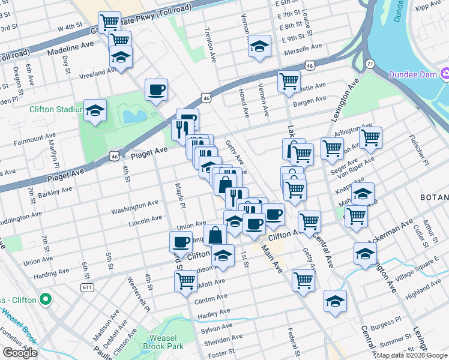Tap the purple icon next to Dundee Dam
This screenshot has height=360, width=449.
(445, 74)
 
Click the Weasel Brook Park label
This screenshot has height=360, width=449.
(163, 341)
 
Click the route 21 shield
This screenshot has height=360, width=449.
(370, 64)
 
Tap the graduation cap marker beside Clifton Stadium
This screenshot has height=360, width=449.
(95, 110)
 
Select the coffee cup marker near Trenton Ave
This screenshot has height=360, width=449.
(156, 90)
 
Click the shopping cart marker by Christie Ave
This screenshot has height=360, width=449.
(289, 82)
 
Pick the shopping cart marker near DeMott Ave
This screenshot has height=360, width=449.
(185, 280)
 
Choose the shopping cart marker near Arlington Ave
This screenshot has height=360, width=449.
(370, 137)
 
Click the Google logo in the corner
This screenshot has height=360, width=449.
(20, 353)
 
